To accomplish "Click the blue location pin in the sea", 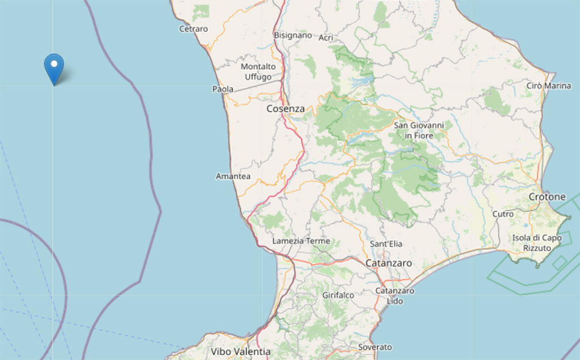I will click(x=54, y=67).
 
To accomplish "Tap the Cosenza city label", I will click(x=285, y=109).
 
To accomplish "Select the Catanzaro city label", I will click(x=389, y=263).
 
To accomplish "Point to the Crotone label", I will click(x=547, y=197).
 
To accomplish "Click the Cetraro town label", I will click(x=193, y=29).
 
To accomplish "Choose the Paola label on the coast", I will click(x=223, y=89).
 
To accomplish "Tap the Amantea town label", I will click(x=233, y=177).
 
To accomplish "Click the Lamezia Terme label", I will click(x=301, y=241).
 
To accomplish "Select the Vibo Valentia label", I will click(x=241, y=352).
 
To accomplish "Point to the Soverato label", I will click(x=375, y=347).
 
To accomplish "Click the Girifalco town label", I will click(x=338, y=295).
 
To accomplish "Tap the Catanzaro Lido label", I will click(x=394, y=296).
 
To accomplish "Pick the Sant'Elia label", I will click(x=386, y=244).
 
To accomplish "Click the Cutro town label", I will click(x=503, y=215).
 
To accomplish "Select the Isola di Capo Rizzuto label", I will click(x=537, y=243).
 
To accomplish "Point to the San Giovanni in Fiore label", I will click(x=419, y=130).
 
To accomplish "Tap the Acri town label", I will click(x=326, y=38).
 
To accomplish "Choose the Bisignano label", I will click(x=293, y=35).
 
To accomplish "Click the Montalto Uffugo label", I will click(x=258, y=72).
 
